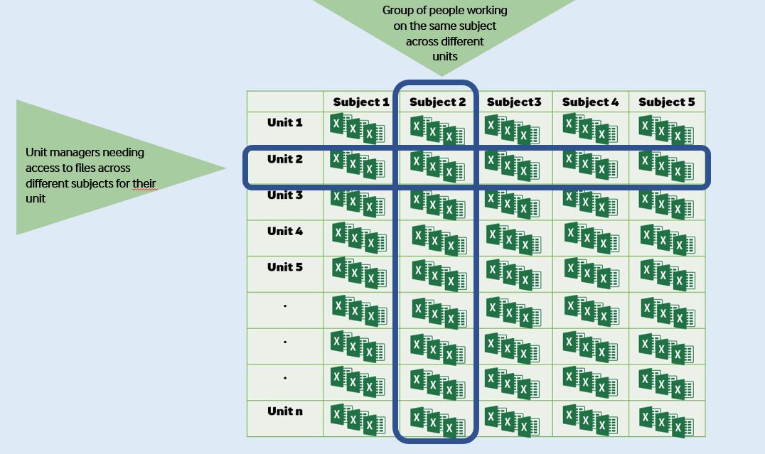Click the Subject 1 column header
pyautogui.click(x=361, y=102)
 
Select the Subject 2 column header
pyautogui.click(x=437, y=102)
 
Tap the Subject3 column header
pyautogui.click(x=514, y=102)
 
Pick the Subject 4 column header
pyautogui.click(x=590, y=102)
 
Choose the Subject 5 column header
pyautogui.click(x=666, y=102)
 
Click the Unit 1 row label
pyautogui.click(x=285, y=123)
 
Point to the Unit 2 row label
pyautogui.click(x=285, y=159)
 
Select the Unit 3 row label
pyautogui.click(x=285, y=195)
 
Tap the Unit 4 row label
pyautogui.click(x=285, y=232)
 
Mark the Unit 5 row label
pyautogui.click(x=285, y=268)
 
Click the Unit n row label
pyautogui.click(x=285, y=411)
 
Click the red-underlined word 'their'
pyautogui.click(x=144, y=184)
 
